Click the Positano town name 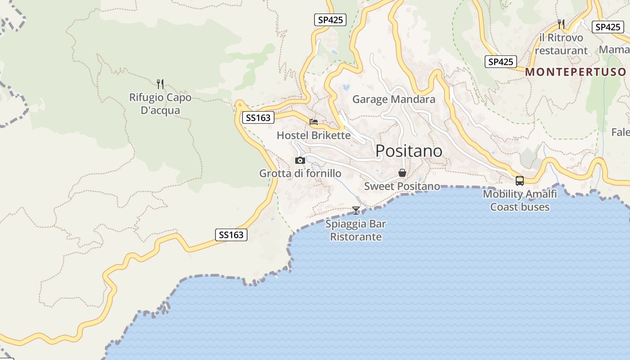pyautogui.click(x=409, y=151)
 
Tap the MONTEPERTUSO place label pyautogui.click(x=576, y=72)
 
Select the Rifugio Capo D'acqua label pyautogui.click(x=160, y=104)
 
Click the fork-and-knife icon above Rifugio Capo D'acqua pyautogui.click(x=160, y=83)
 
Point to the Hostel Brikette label pyautogui.click(x=313, y=135)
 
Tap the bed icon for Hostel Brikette pyautogui.click(x=314, y=121)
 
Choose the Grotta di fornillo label pyautogui.click(x=300, y=173)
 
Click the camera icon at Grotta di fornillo pyautogui.click(x=300, y=160)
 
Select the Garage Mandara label pyautogui.click(x=394, y=99)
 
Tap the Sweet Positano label pyautogui.click(x=402, y=186)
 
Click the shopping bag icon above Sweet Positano pyautogui.click(x=402, y=173)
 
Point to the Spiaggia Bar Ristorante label pyautogui.click(x=356, y=230)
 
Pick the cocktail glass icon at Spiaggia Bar pyautogui.click(x=356, y=210)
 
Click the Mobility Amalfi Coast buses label pyautogui.click(x=520, y=200)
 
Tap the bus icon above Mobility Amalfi pyautogui.click(x=520, y=181)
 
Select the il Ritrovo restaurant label pyautogui.click(x=561, y=44)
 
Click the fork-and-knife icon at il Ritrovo pyautogui.click(x=561, y=24)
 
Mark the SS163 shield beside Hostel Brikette pyautogui.click(x=258, y=118)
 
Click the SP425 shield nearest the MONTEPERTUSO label pyautogui.click(x=500, y=62)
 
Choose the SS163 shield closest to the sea pyautogui.click(x=231, y=234)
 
